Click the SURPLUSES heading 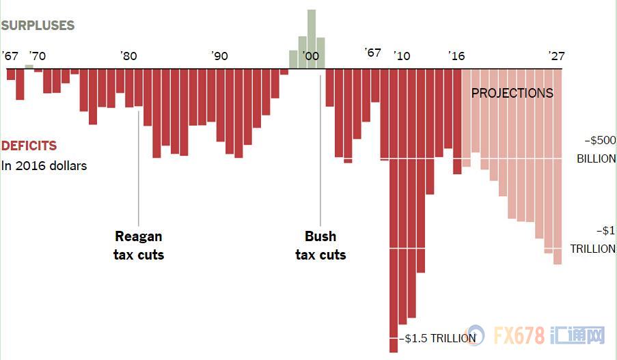38,25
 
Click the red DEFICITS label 29,146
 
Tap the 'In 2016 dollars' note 44,165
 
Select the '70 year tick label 38,56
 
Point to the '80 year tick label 128,56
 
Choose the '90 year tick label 219,56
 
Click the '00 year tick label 310,56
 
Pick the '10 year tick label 402,56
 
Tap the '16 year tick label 456,56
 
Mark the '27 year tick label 557,56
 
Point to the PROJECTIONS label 512,93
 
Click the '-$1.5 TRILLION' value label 437,338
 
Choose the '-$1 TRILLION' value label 592,240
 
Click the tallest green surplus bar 312,39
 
